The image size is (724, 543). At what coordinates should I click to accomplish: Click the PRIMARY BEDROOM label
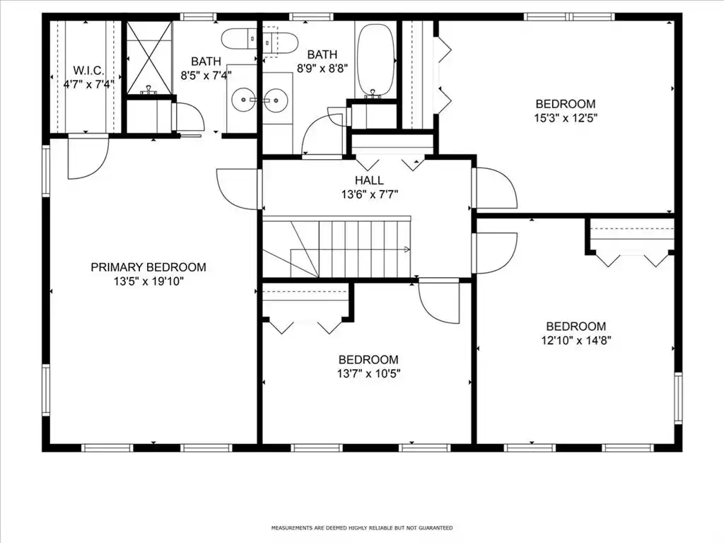tap(148, 267)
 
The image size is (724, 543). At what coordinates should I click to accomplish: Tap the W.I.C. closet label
tap(88, 71)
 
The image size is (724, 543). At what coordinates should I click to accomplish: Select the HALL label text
tap(369, 180)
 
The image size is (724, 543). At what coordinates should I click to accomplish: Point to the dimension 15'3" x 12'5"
tap(566, 118)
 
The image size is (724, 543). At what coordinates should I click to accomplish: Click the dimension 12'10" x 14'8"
tap(576, 340)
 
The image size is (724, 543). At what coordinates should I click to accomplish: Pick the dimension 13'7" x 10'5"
tap(368, 373)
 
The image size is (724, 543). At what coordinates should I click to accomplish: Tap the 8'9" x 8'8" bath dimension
tap(322, 69)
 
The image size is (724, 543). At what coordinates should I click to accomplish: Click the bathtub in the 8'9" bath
tap(376, 61)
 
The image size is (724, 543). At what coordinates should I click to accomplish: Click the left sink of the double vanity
tap(243, 99)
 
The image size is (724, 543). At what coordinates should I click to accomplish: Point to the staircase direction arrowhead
tap(407, 250)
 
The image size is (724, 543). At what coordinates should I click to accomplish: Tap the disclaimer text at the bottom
tap(362, 527)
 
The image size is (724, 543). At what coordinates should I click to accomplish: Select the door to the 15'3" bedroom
tap(495, 187)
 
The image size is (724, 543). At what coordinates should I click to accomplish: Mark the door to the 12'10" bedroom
tap(495, 253)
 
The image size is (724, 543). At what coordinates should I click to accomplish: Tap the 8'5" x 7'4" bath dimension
tap(206, 75)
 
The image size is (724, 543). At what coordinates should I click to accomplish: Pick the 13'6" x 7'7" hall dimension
tap(369, 194)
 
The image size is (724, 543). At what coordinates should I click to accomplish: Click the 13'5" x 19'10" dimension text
tap(148, 281)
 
